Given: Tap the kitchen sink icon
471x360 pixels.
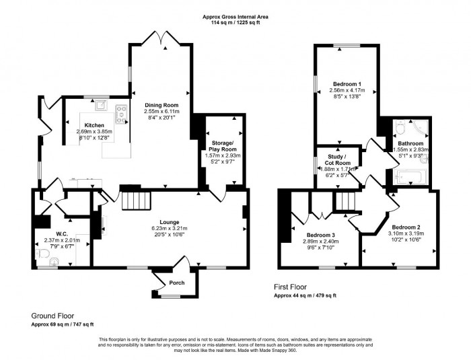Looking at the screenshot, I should (101, 104).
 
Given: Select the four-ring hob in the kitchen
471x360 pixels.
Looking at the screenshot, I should (122, 115).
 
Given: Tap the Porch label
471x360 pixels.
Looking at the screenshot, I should (176, 283).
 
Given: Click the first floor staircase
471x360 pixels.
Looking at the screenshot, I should (344, 200).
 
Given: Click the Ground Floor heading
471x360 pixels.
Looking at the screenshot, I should (52, 315).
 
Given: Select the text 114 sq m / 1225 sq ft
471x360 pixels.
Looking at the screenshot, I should (235, 23).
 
